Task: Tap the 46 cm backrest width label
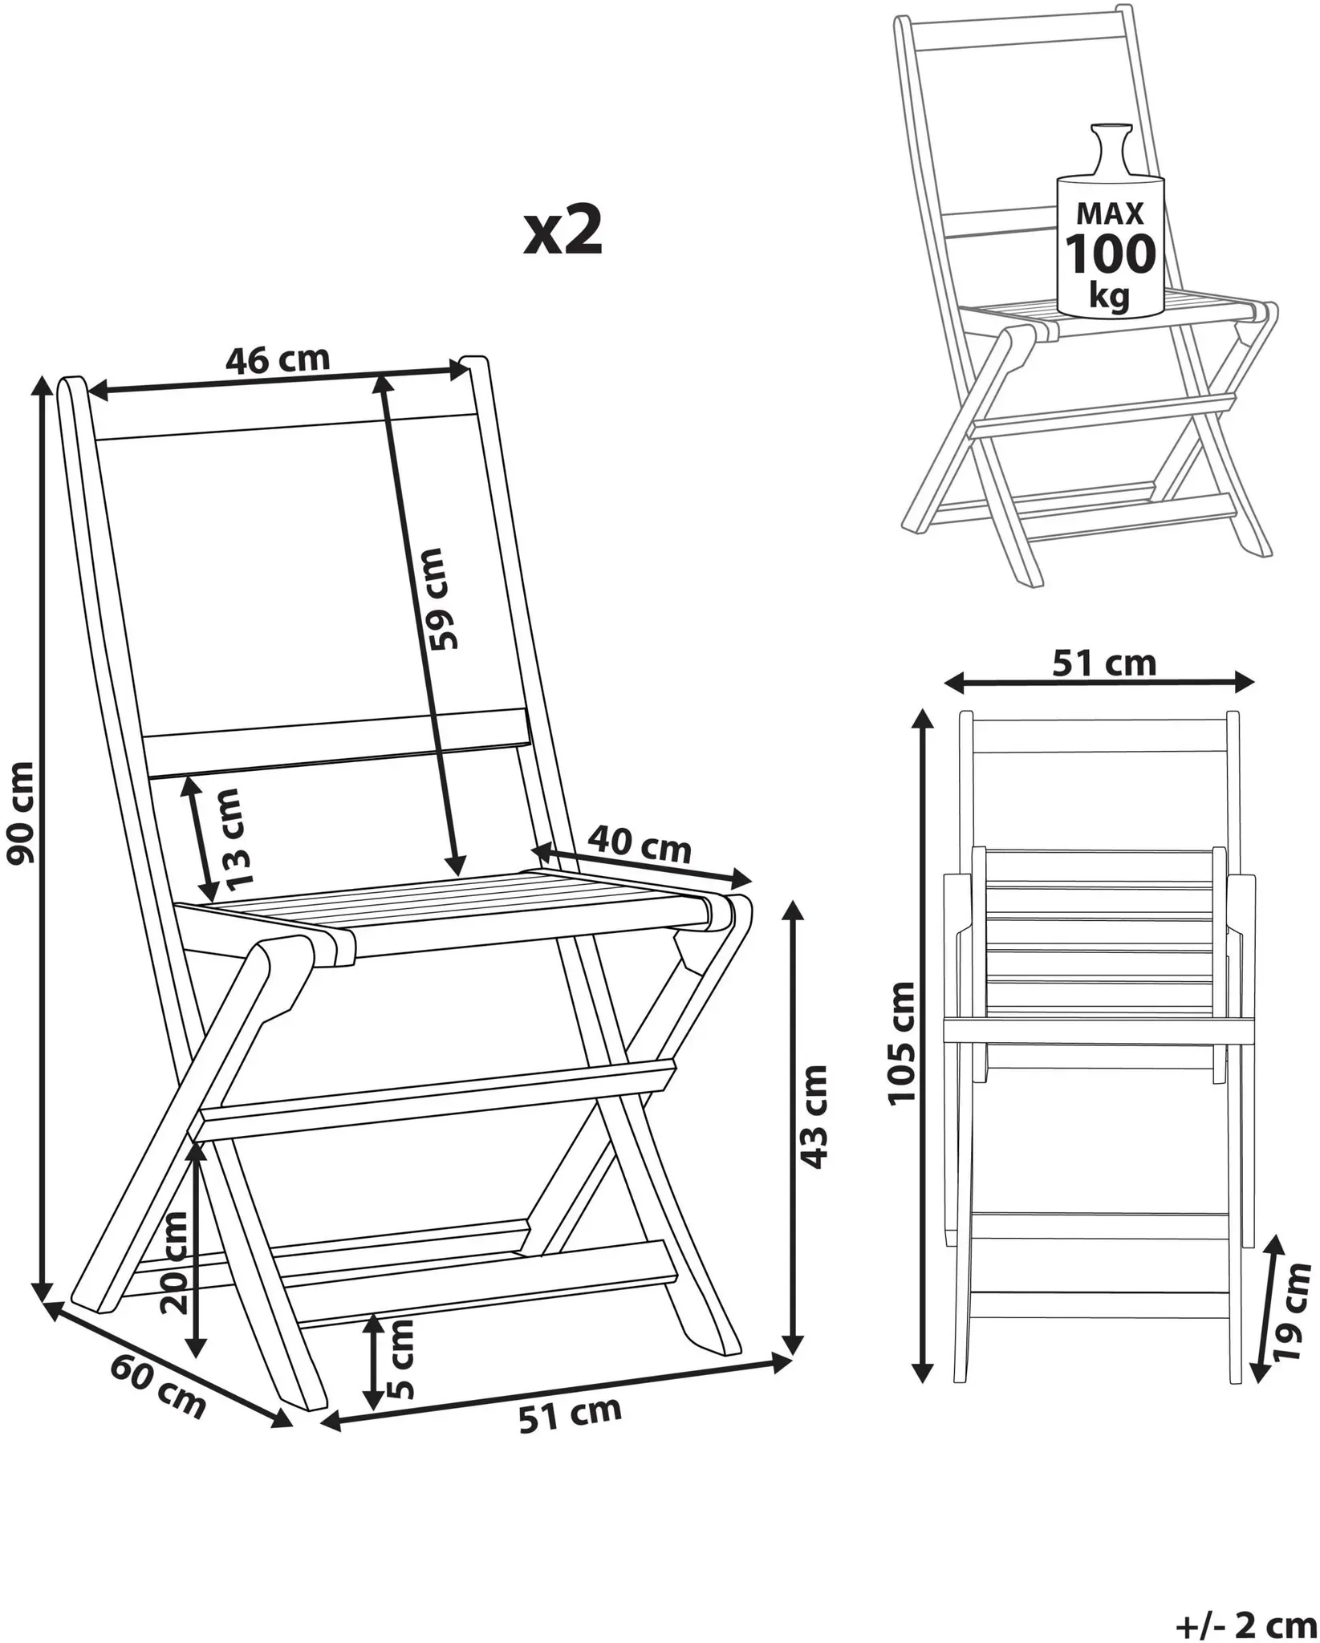pyautogui.click(x=277, y=360)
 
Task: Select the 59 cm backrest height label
pyautogui.click(x=441, y=598)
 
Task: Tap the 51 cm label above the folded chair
pyautogui.click(x=1104, y=663)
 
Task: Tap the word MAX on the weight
pyautogui.click(x=1111, y=213)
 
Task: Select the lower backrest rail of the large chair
pyautogui.click(x=337, y=742)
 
